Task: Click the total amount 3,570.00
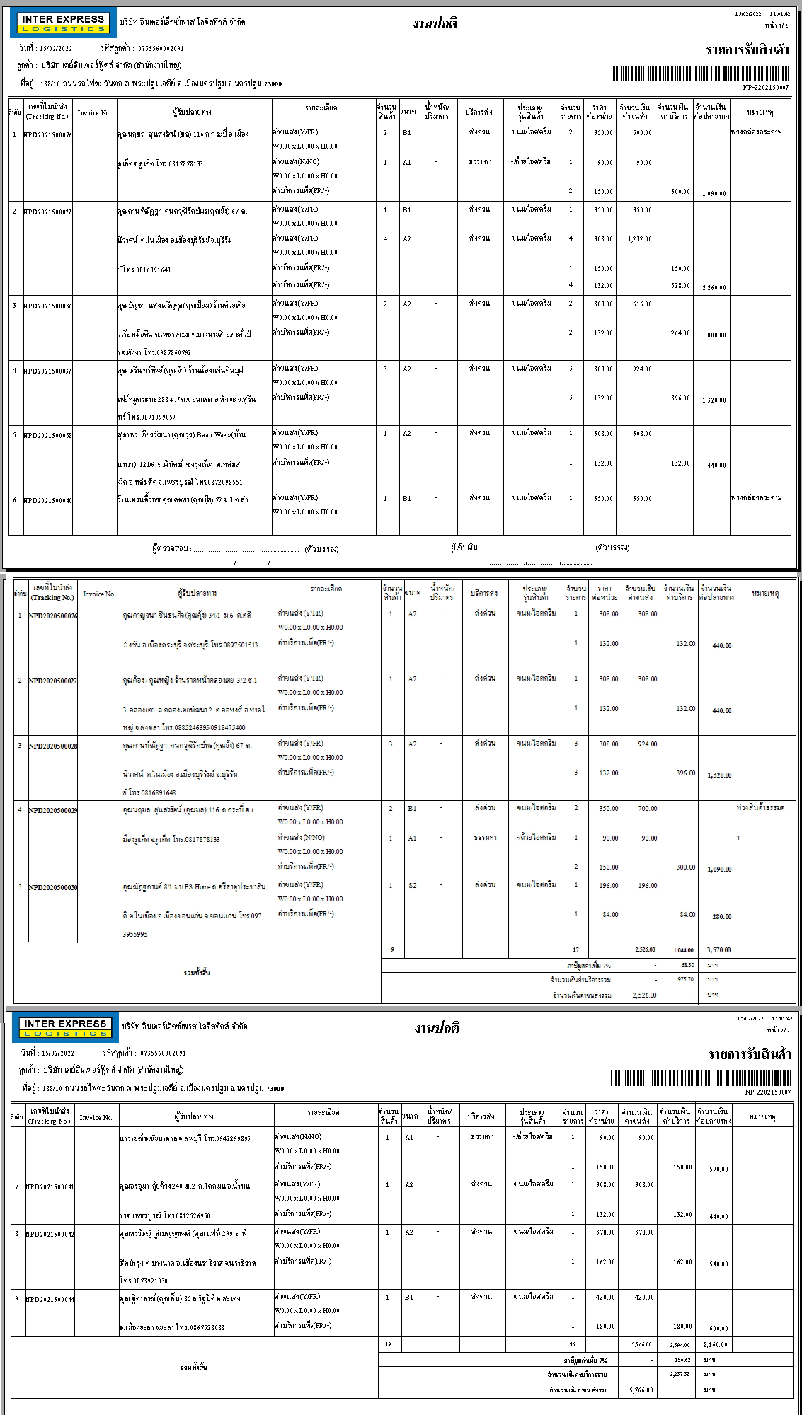(718, 949)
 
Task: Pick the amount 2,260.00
(714, 288)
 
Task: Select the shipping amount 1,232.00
(639, 239)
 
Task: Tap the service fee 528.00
(680, 285)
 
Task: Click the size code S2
(413, 884)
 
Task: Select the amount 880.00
(716, 335)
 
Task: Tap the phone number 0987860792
(171, 352)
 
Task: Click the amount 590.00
(719, 1169)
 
